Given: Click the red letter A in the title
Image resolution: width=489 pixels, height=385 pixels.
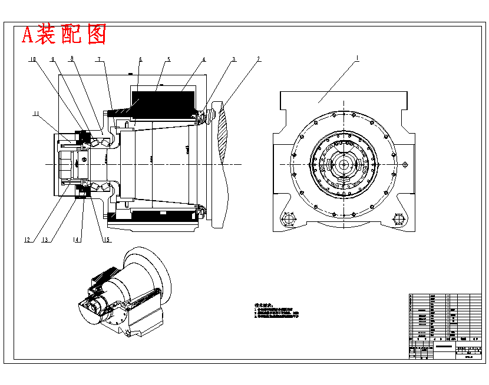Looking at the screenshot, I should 27,35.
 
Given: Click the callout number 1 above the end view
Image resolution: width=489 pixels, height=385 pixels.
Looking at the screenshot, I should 356,59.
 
